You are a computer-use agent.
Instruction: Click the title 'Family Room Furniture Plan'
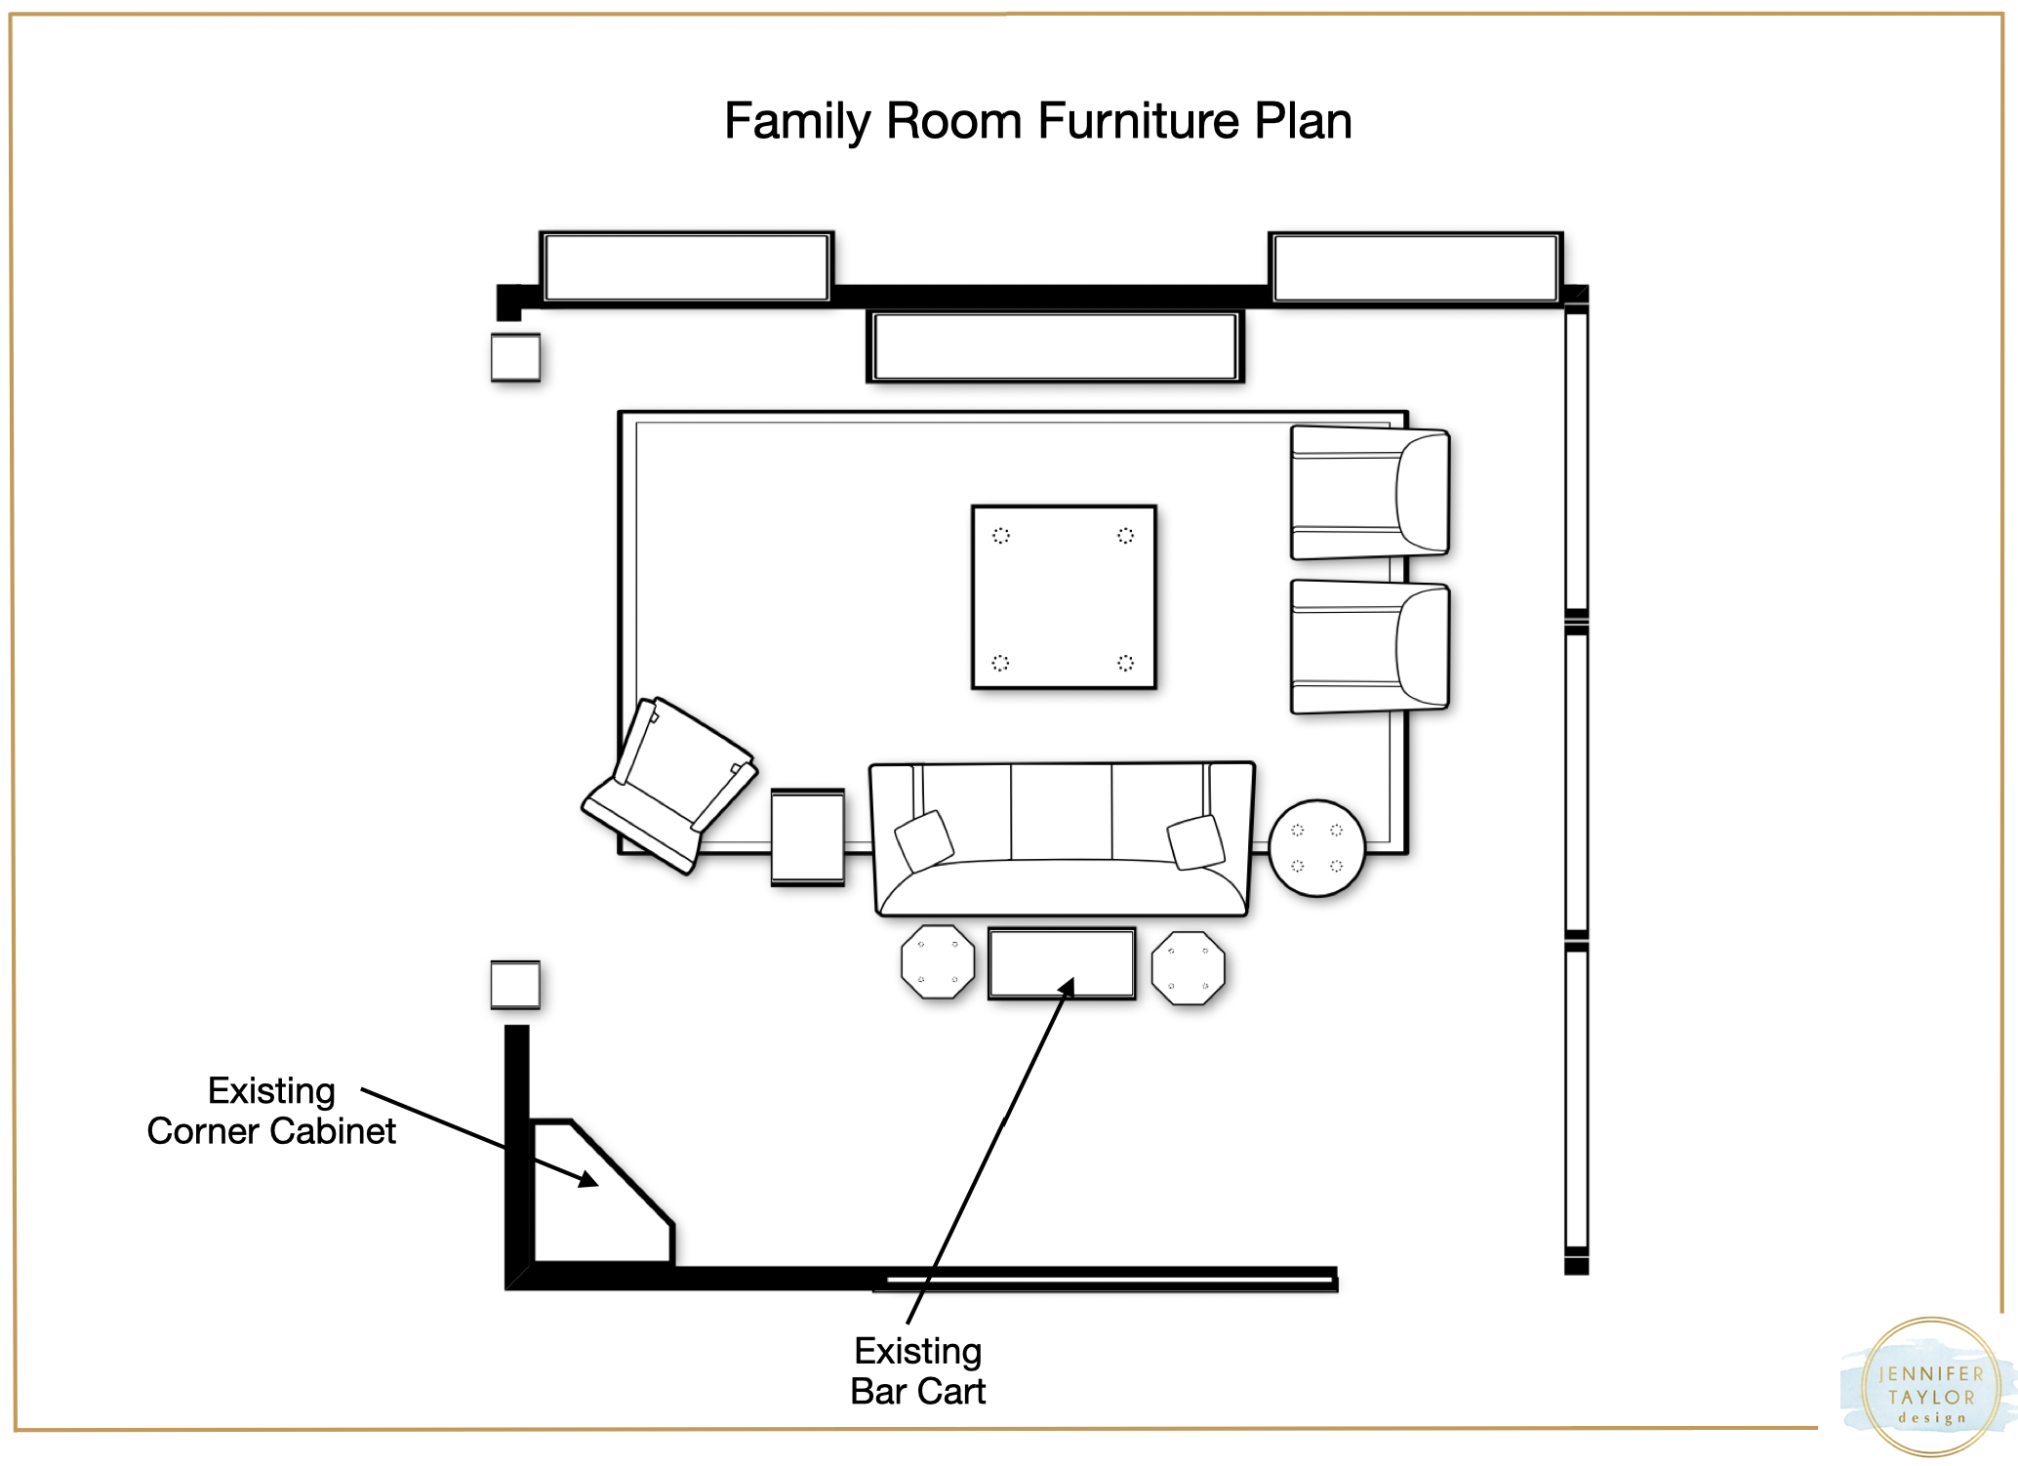1037,121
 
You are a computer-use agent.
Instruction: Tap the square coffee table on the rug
1064,597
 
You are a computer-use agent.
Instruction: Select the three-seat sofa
1062,839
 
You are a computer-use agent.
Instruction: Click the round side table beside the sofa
1316,847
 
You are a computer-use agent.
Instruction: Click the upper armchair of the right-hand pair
1369,492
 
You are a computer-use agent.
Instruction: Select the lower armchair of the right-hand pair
1369,646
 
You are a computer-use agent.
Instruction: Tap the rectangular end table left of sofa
808,837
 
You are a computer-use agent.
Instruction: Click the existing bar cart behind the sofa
1062,963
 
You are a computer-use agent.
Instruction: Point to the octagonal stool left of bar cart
938,961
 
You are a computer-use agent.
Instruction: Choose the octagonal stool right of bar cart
1188,967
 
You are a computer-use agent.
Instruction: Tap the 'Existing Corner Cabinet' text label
271,1111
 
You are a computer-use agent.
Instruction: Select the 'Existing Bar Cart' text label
918,1371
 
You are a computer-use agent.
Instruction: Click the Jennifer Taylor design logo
1930,1387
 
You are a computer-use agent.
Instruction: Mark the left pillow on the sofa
924,840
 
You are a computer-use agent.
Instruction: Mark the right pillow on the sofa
1196,841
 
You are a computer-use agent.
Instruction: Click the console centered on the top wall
1055,346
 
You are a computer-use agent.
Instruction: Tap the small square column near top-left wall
515,357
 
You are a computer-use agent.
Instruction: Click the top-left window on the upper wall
687,267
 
